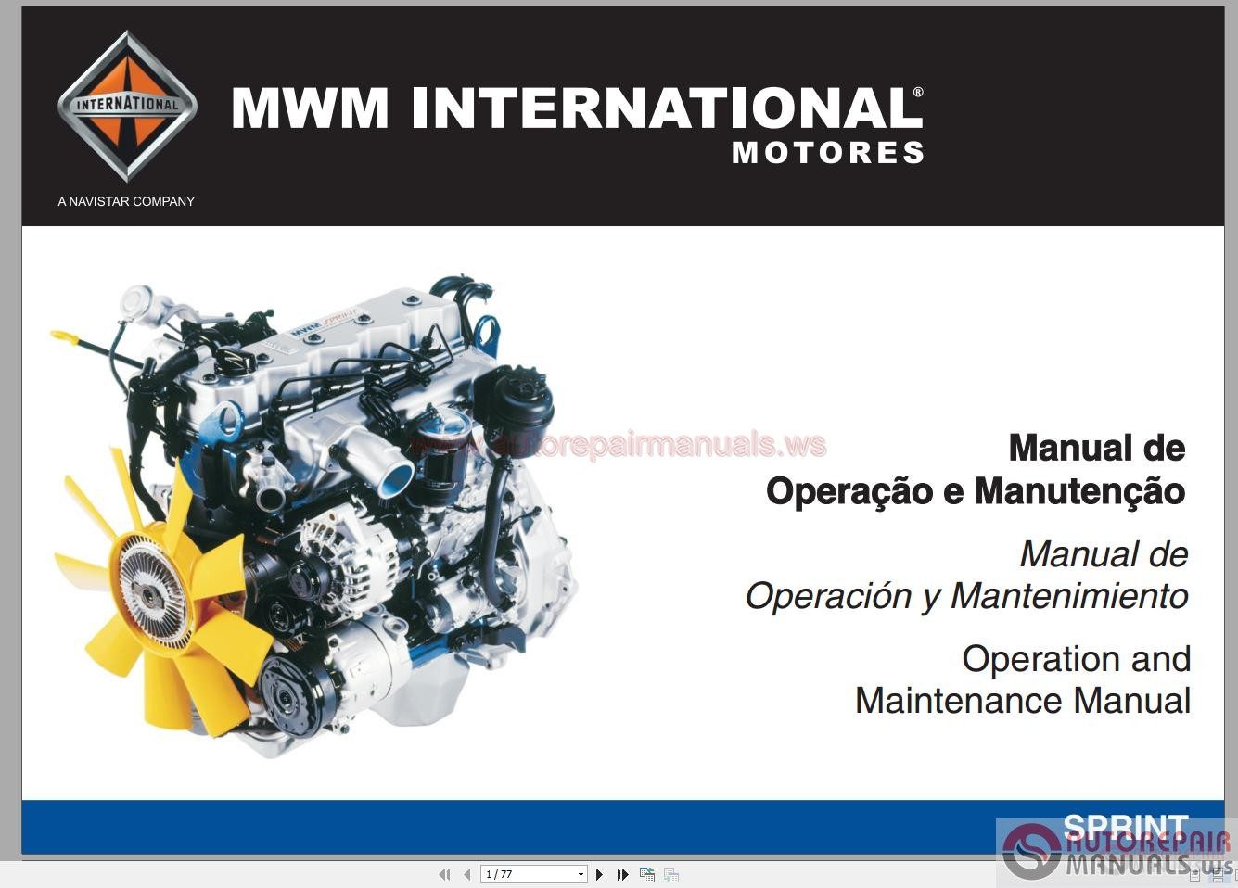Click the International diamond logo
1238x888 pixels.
127,105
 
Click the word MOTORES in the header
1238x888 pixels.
827,153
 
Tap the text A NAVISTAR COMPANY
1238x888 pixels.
126,201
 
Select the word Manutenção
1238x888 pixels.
1079,491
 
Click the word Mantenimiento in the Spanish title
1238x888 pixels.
1069,595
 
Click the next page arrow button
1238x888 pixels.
599,874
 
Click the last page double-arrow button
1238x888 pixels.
622,874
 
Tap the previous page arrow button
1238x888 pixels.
466,874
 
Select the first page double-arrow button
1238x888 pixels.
444,874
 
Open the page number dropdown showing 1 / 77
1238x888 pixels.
581,874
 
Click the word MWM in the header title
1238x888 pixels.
310,108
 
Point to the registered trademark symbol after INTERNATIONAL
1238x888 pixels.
918,93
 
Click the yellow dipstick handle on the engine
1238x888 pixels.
65,336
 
